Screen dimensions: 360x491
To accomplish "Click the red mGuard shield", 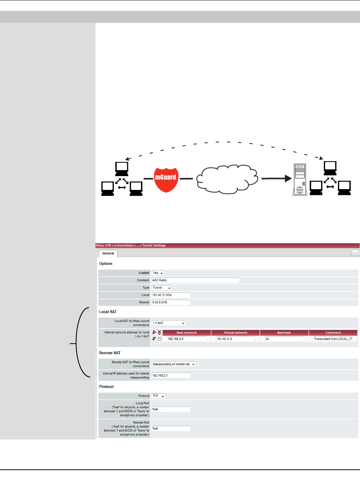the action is click(x=166, y=179).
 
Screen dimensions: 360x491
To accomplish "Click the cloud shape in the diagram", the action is click(x=227, y=179).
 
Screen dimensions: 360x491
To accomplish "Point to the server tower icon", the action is click(x=300, y=179).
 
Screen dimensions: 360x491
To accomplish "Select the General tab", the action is click(x=108, y=253).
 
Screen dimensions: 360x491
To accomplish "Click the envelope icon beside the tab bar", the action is click(x=355, y=253).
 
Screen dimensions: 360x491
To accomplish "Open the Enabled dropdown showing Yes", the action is click(x=158, y=273).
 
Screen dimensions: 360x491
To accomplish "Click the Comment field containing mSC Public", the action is click(x=195, y=280).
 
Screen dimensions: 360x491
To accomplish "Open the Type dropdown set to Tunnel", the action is click(x=162, y=288).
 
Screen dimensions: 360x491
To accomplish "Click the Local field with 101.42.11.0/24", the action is click(x=171, y=295).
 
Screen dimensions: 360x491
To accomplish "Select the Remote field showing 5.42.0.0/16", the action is click(x=171, y=303).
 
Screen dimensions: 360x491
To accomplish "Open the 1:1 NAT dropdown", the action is click(x=168, y=323).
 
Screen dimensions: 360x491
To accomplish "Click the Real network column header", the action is click(x=187, y=332).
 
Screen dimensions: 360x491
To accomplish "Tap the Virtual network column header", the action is click(x=235, y=332).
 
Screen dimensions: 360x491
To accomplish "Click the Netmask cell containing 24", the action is click(x=284, y=339).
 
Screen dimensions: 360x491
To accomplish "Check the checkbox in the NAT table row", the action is click(x=160, y=339).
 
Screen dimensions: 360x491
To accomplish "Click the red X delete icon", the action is click(x=159, y=332).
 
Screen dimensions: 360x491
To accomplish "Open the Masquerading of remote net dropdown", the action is click(x=173, y=364).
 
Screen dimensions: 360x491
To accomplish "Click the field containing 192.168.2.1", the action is click(x=171, y=376).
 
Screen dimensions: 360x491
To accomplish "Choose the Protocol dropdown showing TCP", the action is click(x=158, y=396).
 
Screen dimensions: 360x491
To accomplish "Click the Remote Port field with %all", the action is click(x=171, y=429).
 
